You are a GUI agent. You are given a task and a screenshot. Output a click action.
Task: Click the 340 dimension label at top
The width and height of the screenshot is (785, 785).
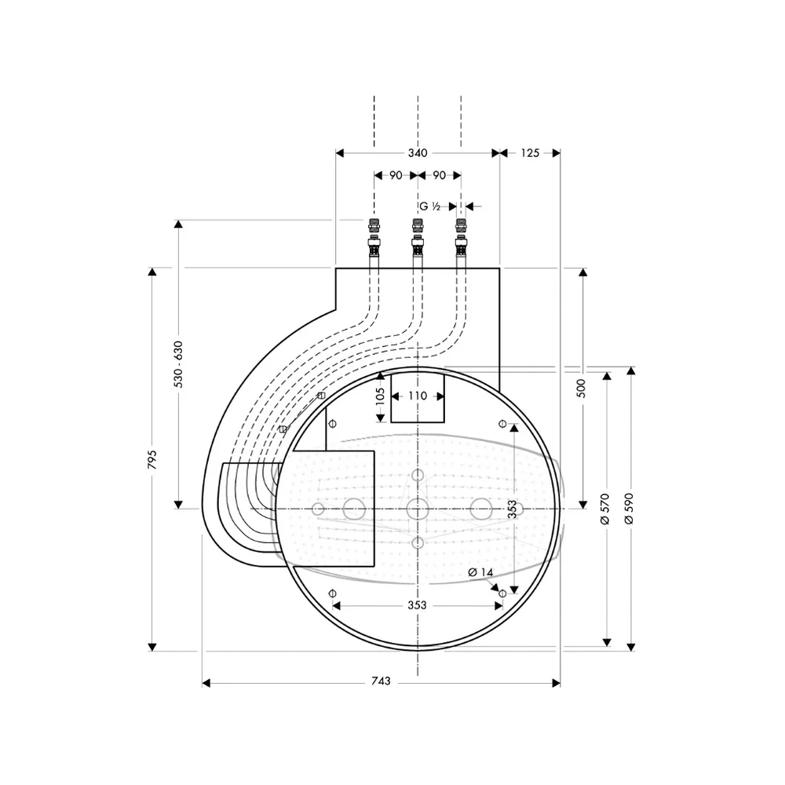click(x=417, y=153)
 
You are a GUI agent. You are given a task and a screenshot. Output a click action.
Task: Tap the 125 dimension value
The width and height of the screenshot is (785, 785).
click(x=530, y=153)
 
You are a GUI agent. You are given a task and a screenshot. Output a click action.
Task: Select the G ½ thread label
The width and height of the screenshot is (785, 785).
click(x=430, y=206)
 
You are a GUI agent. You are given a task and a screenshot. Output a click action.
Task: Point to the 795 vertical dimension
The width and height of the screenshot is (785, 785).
click(x=152, y=459)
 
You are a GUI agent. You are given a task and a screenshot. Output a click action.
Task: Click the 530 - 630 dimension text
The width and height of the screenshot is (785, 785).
click(x=178, y=364)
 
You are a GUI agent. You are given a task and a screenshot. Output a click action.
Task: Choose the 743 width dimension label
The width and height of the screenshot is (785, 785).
click(x=381, y=681)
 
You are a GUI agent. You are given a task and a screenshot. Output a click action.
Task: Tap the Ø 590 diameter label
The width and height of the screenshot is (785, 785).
click(x=630, y=508)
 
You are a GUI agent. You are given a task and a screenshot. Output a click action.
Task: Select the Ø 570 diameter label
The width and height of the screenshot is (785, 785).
click(x=604, y=508)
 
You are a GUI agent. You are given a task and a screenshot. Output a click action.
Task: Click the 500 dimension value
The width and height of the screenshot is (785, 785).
click(x=581, y=389)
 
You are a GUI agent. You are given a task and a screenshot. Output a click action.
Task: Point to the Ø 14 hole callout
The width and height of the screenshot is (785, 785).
click(x=480, y=572)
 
